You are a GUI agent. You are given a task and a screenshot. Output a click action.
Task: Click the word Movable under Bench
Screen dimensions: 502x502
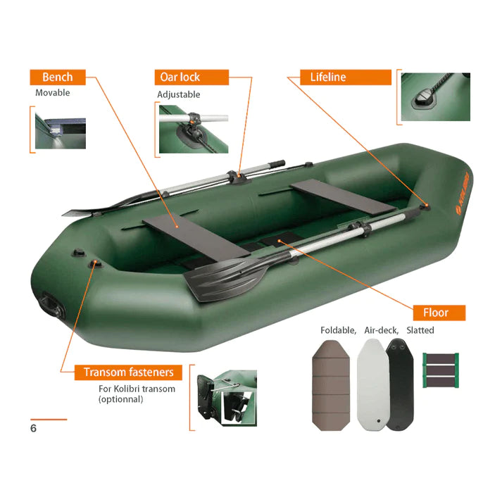[53, 92]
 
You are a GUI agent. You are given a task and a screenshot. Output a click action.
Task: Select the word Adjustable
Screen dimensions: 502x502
[178, 94]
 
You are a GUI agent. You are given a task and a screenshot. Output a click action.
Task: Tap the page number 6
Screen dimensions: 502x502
[33, 427]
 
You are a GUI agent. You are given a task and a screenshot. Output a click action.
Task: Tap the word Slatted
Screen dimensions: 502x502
[420, 330]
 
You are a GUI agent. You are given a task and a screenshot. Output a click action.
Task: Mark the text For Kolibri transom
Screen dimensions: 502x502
[137, 389]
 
